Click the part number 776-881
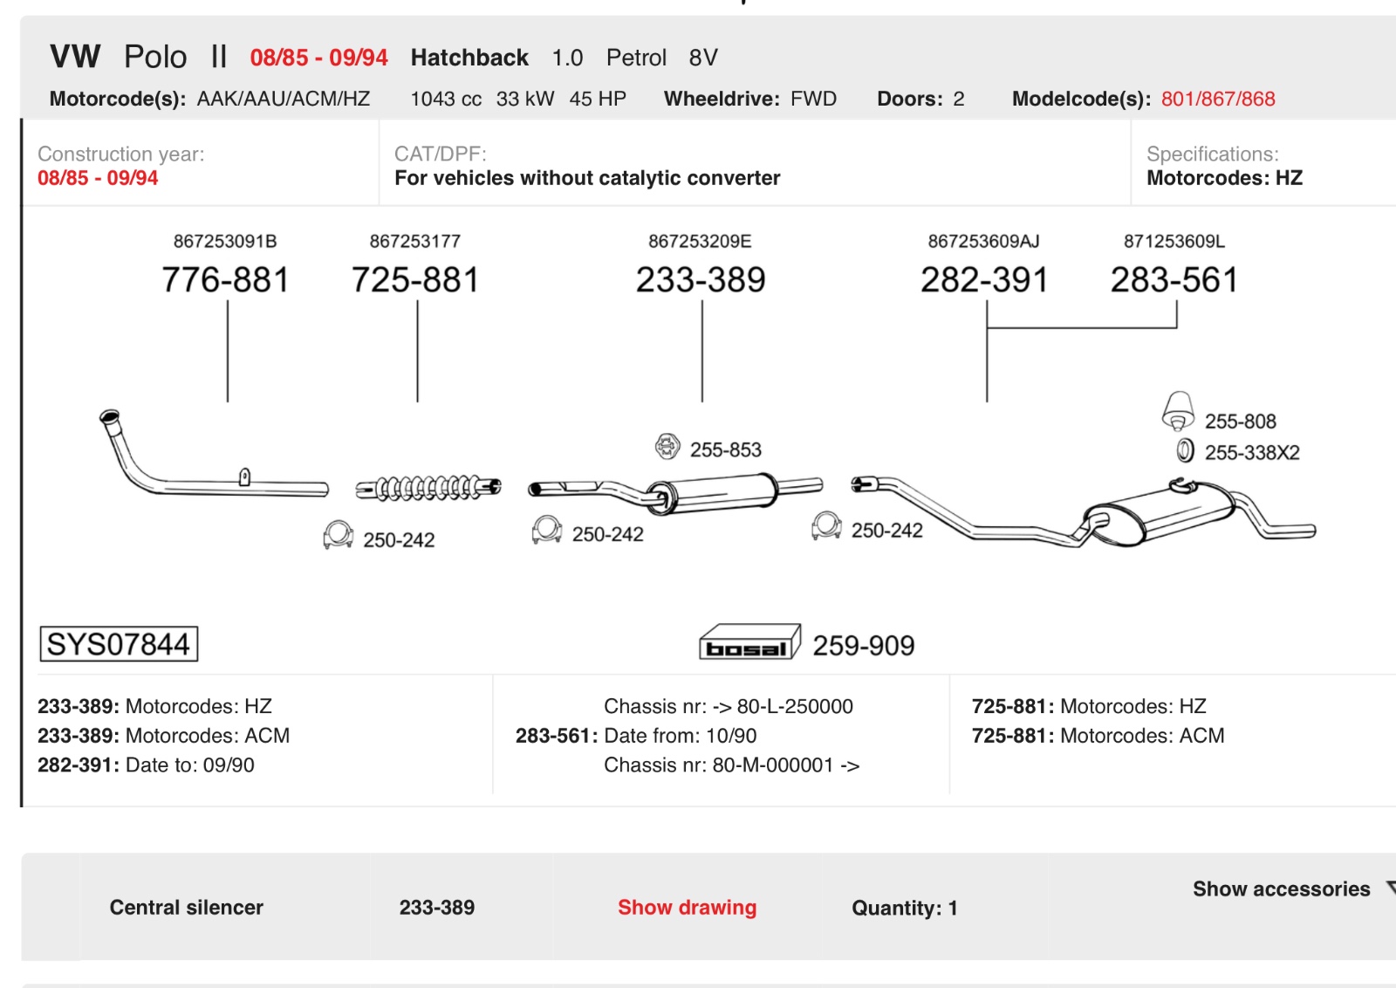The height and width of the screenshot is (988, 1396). tap(226, 279)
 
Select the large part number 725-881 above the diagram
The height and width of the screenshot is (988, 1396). tap(415, 279)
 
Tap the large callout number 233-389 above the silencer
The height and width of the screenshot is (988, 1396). tap(701, 279)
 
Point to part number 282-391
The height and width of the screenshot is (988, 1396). tap(985, 279)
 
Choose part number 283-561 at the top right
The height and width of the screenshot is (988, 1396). tap(1174, 279)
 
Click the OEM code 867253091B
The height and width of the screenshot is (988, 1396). tap(225, 241)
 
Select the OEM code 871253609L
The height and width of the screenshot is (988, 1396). tap(1174, 241)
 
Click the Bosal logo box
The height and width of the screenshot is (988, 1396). tap(749, 642)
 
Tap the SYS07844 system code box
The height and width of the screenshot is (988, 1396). tap(119, 644)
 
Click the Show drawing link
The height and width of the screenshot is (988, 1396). tap(687, 907)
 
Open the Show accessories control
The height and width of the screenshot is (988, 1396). tap(1282, 889)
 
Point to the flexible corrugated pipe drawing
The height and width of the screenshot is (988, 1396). tap(428, 488)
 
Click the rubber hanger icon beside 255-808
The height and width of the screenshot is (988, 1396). tap(1178, 411)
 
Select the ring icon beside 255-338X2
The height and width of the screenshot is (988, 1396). tap(1186, 450)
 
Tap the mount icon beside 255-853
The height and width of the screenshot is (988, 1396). tap(667, 446)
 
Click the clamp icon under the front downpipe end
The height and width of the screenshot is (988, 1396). tap(339, 535)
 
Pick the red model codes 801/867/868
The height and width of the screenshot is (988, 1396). tap(1218, 99)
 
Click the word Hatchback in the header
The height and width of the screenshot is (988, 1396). tap(469, 58)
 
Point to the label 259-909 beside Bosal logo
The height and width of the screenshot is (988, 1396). tap(863, 646)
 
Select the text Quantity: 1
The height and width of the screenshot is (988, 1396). tap(904, 908)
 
